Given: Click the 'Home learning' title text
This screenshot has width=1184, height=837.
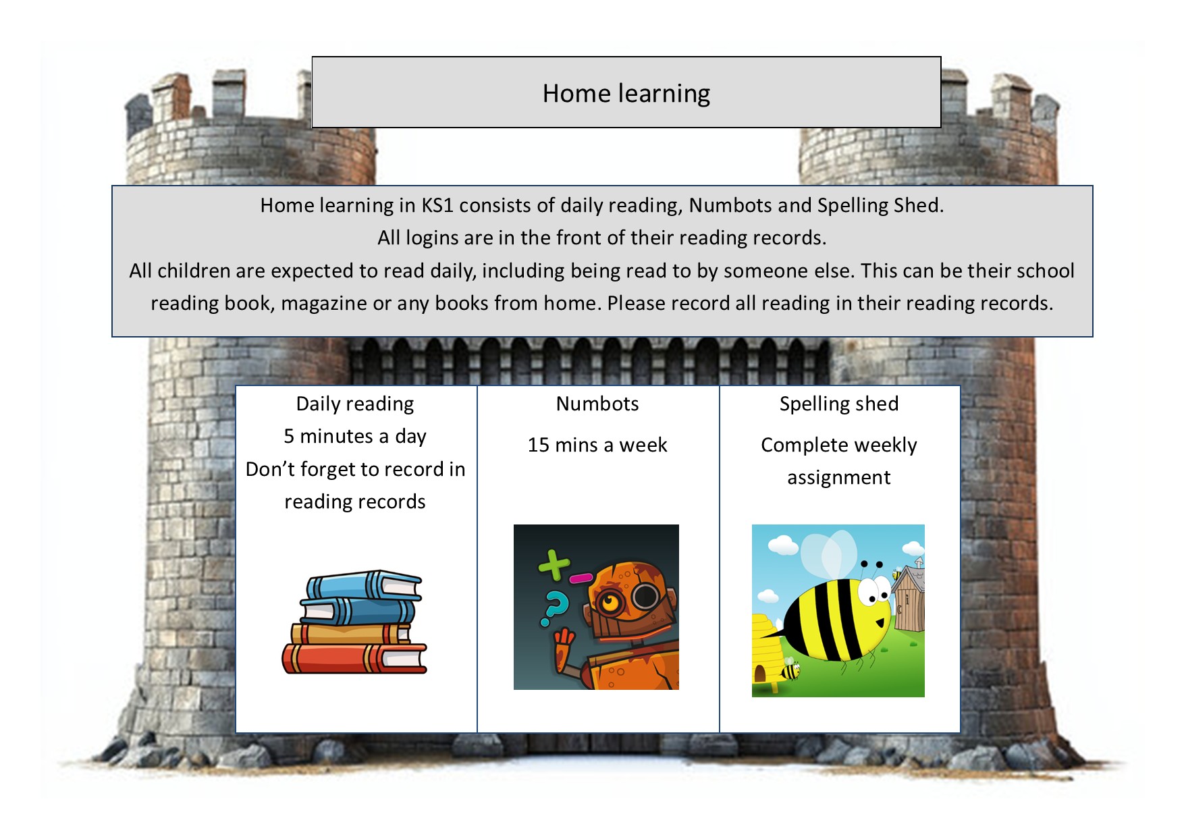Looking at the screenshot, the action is (626, 93).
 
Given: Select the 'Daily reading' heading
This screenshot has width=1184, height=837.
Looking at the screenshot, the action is (355, 404).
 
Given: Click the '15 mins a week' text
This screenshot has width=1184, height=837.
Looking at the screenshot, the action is (597, 445).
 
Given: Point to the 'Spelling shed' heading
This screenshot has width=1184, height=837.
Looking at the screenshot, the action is (839, 404).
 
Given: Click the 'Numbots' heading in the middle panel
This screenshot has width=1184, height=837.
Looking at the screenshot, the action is (597, 404).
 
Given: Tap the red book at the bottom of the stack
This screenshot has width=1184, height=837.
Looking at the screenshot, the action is (354, 658).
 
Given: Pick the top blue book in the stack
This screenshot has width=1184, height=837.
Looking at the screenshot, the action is (365, 585).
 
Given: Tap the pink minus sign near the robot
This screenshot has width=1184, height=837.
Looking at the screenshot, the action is (581, 578).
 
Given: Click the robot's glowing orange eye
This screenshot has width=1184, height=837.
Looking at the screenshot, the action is (611, 601).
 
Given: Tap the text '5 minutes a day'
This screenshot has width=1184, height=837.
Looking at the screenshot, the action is (355, 436).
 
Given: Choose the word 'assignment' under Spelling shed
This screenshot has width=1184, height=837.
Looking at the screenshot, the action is (839, 478).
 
